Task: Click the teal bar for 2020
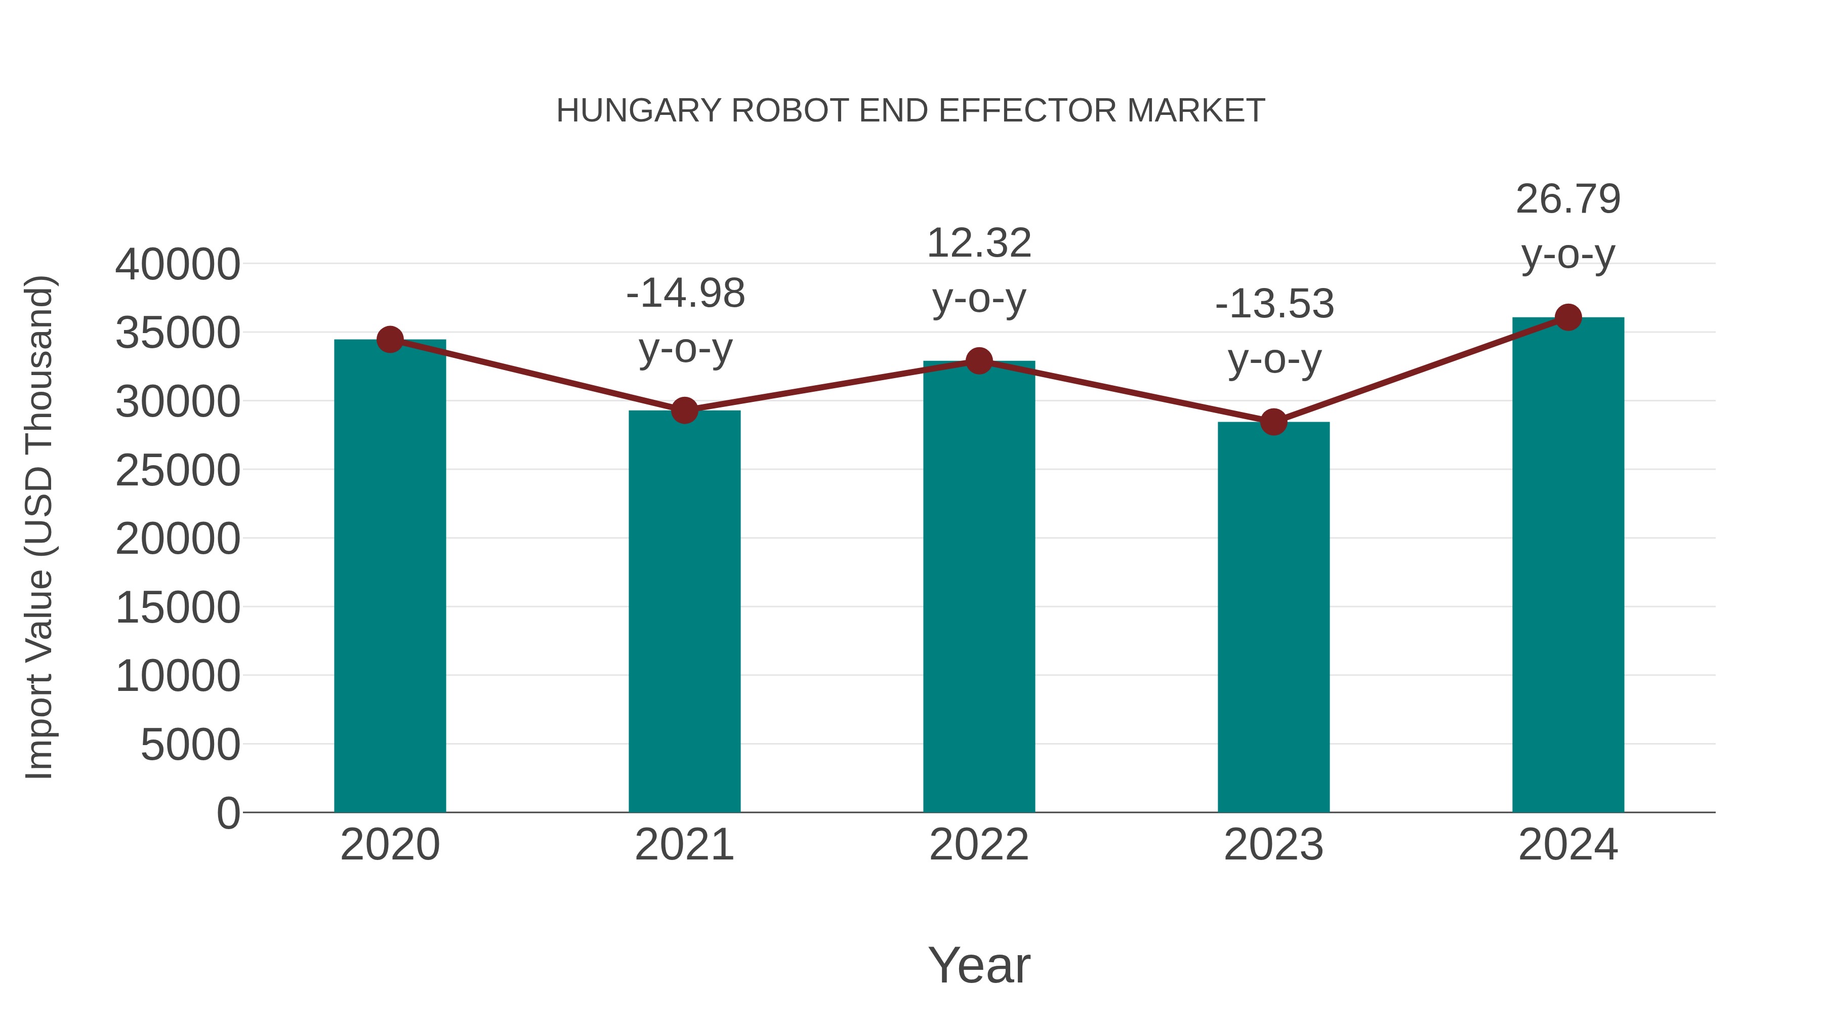pos(390,576)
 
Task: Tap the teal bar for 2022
pos(979,587)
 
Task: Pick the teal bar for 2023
pos(1273,617)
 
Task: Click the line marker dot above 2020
pos(390,340)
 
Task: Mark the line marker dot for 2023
pos(1273,422)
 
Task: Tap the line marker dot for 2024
pos(1568,317)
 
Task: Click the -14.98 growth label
pos(685,294)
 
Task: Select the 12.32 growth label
pos(979,243)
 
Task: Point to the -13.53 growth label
pos(1274,304)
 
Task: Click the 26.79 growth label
pos(1568,199)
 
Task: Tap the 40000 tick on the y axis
pos(178,265)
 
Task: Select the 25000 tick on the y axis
pos(178,470)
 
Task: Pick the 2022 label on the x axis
pos(979,845)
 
